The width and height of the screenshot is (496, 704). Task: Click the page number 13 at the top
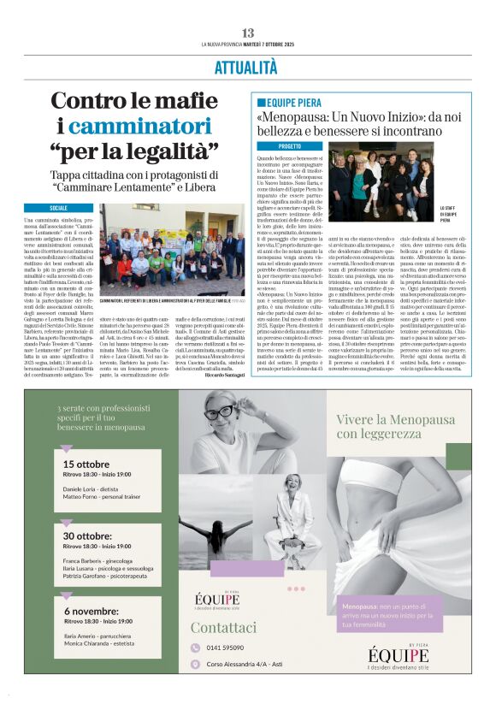pyautogui.click(x=248, y=32)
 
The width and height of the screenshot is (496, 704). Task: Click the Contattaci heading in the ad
pyautogui.click(x=223, y=626)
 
